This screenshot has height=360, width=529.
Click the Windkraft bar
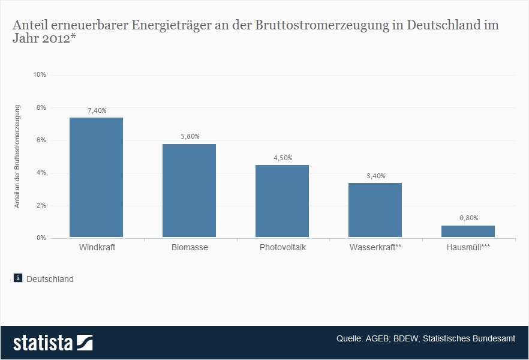coord(96,177)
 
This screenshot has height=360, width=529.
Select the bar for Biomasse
coord(189,190)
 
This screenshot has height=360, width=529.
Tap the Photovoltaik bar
coord(282,201)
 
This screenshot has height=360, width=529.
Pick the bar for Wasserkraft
coord(375,210)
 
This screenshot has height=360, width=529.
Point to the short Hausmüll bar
coord(468,231)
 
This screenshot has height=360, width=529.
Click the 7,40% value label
coord(97,110)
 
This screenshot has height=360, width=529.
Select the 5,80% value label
coord(190,137)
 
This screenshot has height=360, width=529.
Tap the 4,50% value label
coord(282,158)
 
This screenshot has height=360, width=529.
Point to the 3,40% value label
coord(375,176)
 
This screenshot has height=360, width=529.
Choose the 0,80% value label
coord(468,218)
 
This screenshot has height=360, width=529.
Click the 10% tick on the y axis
coord(40,75)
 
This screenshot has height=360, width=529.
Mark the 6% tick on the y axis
coord(41,140)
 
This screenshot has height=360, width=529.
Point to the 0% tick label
coord(41,238)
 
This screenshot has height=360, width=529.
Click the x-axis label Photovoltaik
coord(282,247)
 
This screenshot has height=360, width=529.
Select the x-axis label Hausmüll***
coord(468,247)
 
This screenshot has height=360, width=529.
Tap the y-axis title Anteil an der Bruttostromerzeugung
coord(17,156)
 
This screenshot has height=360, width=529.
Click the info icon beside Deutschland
coord(18,278)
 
